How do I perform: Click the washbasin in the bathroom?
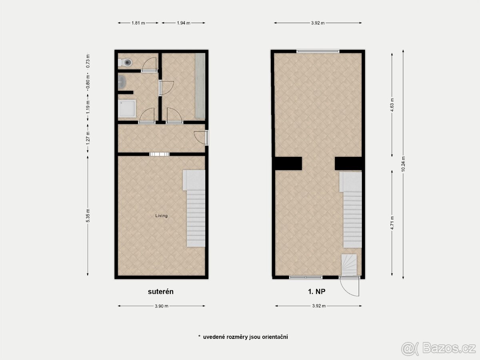coord(122,82)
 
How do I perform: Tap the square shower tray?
coord(127,108)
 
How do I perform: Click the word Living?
coord(162,216)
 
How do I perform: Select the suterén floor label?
coord(161,292)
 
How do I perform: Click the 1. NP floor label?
coord(318,292)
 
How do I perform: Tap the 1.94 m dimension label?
coord(183,23)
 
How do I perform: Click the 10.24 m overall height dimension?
coord(403,164)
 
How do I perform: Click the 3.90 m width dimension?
coord(161,306)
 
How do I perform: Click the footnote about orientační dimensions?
coord(243,337)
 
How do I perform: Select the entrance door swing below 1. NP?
coord(350,287)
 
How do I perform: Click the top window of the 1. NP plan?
coord(318,51)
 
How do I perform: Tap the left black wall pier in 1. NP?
coord(288,163)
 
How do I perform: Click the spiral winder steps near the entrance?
coord(349,264)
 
